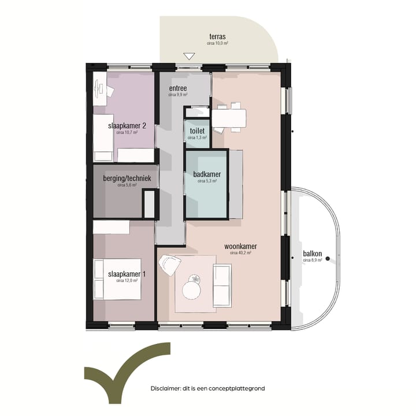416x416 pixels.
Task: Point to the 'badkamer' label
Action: [x=207, y=174]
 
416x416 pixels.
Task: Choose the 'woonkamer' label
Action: [x=240, y=246]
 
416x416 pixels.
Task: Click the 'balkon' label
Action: [x=312, y=254]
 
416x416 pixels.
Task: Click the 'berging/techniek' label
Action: [x=127, y=179]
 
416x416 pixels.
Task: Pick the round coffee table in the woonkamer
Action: [x=192, y=288]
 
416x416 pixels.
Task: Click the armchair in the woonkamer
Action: [x=171, y=266]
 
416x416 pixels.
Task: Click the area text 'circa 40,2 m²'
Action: [x=240, y=253]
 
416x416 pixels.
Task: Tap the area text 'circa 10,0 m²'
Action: [x=217, y=43]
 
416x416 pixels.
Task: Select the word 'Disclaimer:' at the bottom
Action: [x=166, y=389]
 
